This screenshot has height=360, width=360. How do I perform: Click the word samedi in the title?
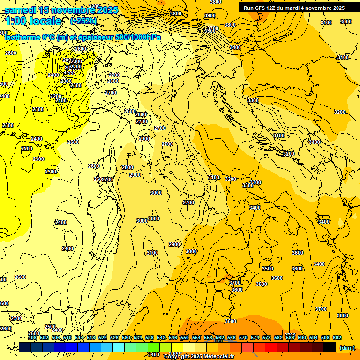(21, 10)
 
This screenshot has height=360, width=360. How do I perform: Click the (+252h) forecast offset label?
(83, 21)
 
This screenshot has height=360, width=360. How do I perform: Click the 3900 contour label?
(210, 15)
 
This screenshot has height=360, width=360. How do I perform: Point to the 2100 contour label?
(61, 100)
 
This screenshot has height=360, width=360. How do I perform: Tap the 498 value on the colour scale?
(32, 337)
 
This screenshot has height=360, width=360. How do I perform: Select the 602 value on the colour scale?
(337, 337)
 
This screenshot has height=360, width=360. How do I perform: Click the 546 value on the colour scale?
(172, 337)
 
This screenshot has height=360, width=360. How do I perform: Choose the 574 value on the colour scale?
(255, 337)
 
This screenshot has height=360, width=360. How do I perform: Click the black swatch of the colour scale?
(330, 347)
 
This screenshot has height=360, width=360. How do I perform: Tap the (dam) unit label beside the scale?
(347, 347)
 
